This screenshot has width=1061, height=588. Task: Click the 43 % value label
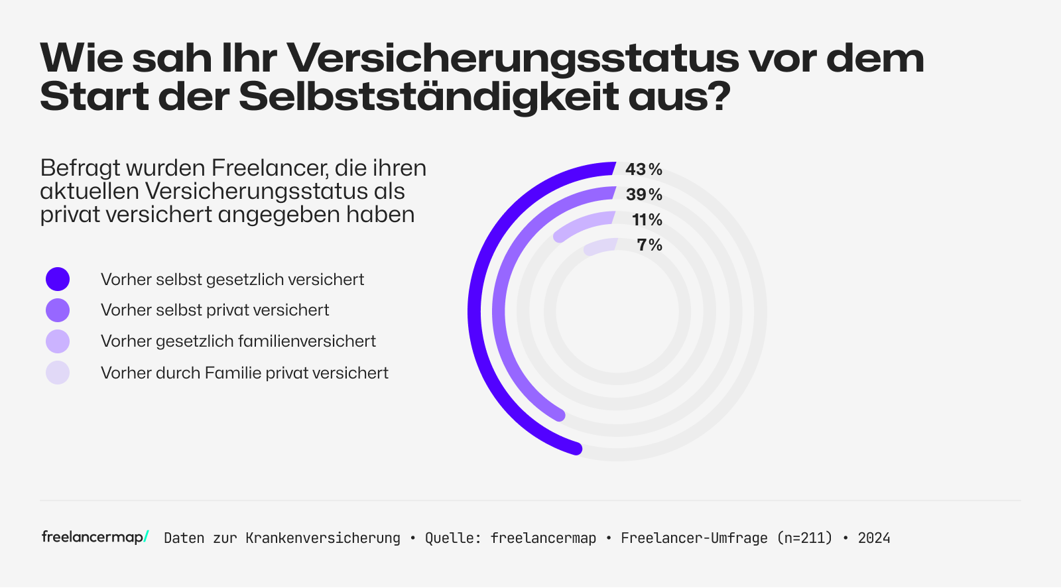tap(643, 170)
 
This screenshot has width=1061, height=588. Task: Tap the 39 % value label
tap(644, 195)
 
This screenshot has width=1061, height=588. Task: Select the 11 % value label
tap(647, 220)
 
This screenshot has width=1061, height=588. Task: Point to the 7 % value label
tap(649, 245)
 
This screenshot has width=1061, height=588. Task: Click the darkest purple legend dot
tap(58, 279)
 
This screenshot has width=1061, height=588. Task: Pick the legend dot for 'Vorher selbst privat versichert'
tap(58, 310)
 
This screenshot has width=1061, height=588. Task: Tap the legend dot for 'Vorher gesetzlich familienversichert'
tap(58, 341)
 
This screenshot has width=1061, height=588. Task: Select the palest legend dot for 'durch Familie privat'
tap(58, 373)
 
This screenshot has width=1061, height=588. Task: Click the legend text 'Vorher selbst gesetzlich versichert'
tap(232, 280)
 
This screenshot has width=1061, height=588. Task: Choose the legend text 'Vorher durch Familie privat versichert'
tap(244, 373)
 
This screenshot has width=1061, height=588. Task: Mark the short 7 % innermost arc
tap(600, 246)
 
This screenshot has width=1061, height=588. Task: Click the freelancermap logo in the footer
tap(95, 537)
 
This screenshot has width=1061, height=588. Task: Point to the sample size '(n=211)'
tap(804, 538)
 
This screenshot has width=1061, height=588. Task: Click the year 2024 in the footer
tap(874, 538)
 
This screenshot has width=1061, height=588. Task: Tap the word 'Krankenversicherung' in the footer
tap(323, 538)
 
